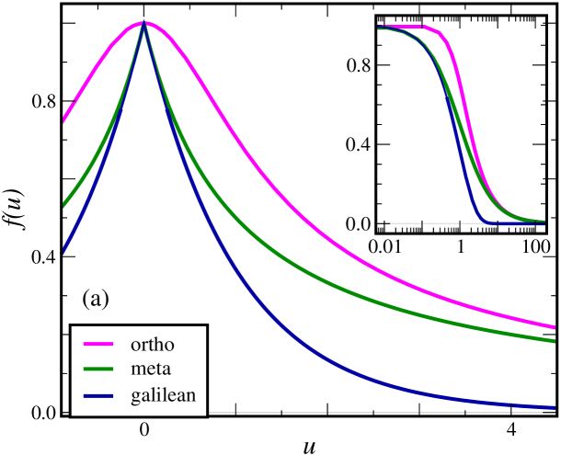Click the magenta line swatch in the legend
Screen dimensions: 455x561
[99, 345]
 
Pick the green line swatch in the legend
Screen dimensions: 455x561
[99, 370]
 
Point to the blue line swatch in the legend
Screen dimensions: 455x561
[99, 396]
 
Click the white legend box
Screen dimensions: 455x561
[138, 370]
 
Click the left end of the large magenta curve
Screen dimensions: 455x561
[63, 120]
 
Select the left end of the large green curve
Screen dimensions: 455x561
[63, 205]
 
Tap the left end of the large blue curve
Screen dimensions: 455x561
[63, 250]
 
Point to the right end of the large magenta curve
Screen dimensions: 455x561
[555, 326]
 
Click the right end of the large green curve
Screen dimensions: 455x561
[555, 341]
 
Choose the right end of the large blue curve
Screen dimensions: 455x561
[555, 407]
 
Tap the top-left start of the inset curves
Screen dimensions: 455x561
[379, 27]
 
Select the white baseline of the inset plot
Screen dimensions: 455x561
[414, 223]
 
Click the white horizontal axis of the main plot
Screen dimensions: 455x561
[276, 413]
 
